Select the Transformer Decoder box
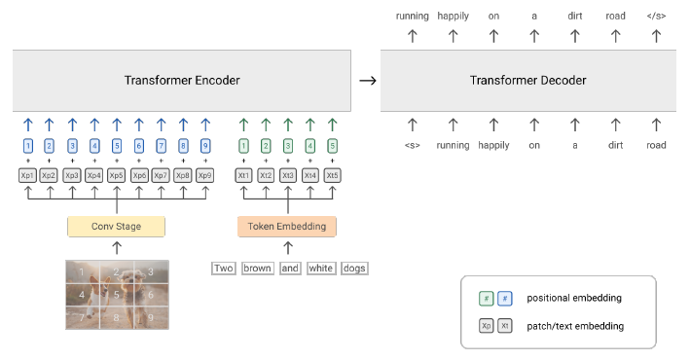pyautogui.click(x=529, y=80)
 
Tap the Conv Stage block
pyautogui.click(x=117, y=226)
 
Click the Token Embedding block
pyautogui.click(x=287, y=226)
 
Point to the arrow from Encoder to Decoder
pyautogui.click(x=367, y=80)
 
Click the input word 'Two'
pyautogui.click(x=224, y=268)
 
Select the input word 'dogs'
pyautogui.click(x=354, y=268)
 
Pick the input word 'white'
pyautogui.click(x=320, y=268)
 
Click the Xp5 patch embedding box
pyautogui.click(x=117, y=175)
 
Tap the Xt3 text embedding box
pyautogui.click(x=287, y=175)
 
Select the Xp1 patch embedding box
pyautogui.click(x=27, y=175)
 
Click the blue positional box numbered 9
pyautogui.click(x=204, y=145)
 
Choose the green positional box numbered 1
pyautogui.click(x=244, y=145)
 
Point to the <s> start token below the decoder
pyautogui.click(x=412, y=145)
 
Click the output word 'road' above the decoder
pyautogui.click(x=616, y=16)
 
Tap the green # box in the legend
pyautogui.click(x=486, y=297)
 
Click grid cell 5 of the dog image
pyautogui.click(x=117, y=294)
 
